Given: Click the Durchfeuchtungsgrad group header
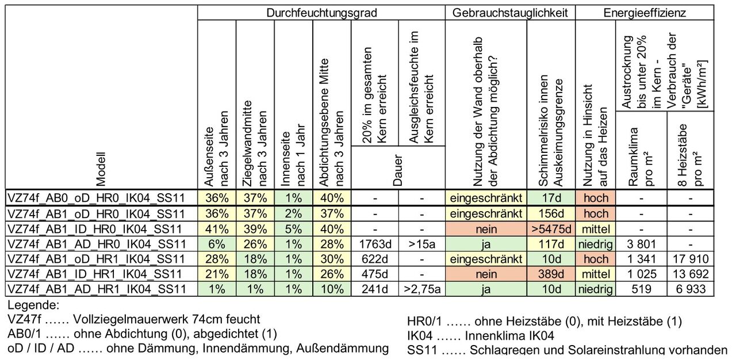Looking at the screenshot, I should pos(321,13).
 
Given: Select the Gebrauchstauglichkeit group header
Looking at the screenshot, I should pos(510,13).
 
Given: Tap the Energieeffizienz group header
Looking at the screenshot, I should pos(644,13).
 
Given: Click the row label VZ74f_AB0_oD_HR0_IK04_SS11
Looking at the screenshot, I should pos(97,198).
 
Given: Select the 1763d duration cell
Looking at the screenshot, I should pos(374,244).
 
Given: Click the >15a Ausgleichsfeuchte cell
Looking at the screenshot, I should pos(422,244).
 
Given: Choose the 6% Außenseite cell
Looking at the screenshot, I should pos(216,244).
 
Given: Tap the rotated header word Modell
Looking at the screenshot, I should pos(101,169).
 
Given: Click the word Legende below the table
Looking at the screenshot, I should pos(33,305).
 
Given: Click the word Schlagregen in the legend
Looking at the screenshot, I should pos(499,350).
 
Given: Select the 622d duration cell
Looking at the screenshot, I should pos(374,259).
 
